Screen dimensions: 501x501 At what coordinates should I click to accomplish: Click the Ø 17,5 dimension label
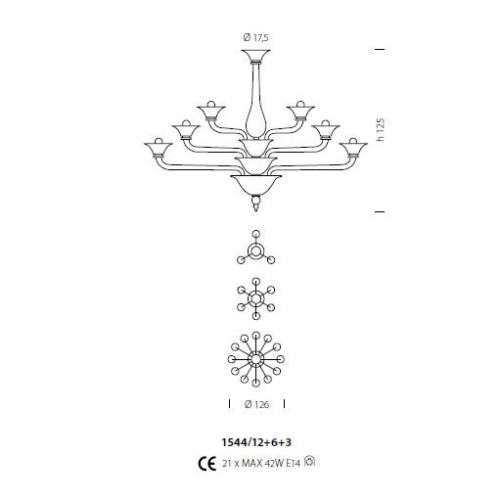(255, 37)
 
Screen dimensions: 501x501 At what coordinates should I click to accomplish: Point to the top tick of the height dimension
(380, 48)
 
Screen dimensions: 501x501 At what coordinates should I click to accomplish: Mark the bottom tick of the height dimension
(380, 210)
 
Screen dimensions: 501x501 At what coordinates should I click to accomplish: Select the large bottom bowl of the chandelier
(255, 182)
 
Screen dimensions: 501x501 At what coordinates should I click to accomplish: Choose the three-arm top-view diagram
(255, 251)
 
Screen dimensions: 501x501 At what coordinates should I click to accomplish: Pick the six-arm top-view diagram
(255, 299)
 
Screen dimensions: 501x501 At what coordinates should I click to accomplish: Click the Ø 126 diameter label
(255, 403)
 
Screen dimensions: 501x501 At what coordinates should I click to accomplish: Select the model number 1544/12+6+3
(254, 440)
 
